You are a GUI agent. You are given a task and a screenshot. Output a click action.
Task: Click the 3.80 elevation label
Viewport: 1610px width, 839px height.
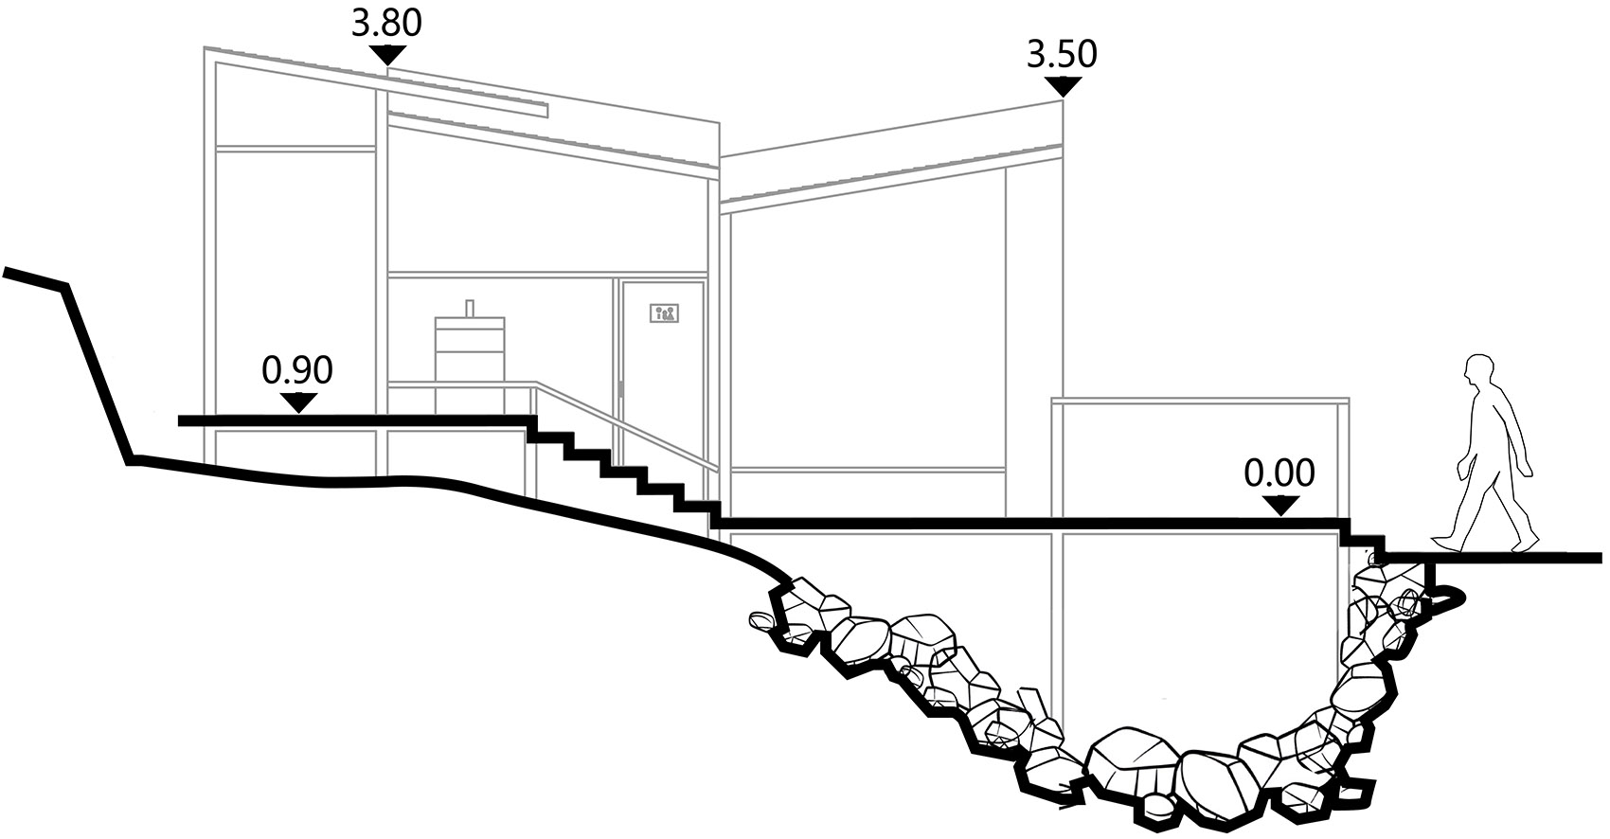point(386,23)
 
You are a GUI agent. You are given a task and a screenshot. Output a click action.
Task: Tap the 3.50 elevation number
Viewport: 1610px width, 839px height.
point(1062,54)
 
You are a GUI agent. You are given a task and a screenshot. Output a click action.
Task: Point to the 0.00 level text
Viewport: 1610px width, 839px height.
point(1279,473)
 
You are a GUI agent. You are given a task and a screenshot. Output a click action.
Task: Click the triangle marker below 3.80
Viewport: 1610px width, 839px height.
point(387,55)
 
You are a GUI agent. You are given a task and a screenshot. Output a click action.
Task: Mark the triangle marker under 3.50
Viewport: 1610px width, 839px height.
point(1063,86)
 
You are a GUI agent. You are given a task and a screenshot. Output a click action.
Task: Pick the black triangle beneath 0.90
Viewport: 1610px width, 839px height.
point(297,402)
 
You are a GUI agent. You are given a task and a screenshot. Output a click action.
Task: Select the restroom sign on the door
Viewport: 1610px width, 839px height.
point(665,313)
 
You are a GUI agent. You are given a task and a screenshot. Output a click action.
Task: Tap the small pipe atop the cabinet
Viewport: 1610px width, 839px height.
point(470,308)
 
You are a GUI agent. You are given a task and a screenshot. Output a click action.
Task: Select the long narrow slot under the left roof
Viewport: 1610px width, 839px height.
point(467,100)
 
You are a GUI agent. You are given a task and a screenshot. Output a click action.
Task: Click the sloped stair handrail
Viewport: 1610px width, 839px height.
point(627,427)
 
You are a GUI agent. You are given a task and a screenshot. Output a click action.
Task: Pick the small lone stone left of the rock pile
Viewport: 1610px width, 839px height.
point(760,619)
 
